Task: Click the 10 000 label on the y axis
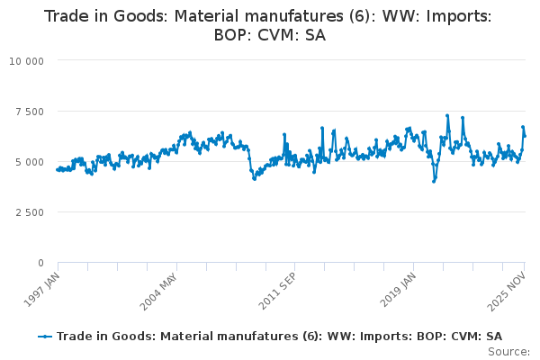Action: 27,61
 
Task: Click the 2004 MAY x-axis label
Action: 158,290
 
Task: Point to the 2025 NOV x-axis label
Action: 510,289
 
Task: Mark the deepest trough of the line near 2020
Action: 434,181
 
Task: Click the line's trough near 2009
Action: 255,178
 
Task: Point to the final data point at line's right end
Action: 525,136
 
